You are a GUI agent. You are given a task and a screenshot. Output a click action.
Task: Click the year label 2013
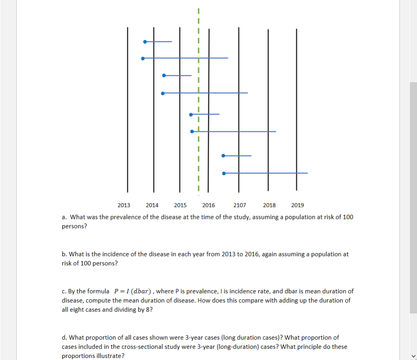(x=124, y=205)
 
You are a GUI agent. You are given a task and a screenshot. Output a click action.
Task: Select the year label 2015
(x=180, y=205)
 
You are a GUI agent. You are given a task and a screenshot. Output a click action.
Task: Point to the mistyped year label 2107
(x=239, y=205)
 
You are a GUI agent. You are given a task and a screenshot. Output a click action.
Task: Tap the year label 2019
(x=297, y=205)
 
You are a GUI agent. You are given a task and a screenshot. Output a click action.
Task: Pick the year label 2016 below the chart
(x=208, y=205)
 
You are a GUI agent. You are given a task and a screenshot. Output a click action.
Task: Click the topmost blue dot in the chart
(x=145, y=41)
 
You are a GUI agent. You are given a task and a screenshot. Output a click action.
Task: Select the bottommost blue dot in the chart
(x=224, y=173)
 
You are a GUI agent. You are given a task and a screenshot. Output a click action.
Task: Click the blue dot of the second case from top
(x=143, y=58)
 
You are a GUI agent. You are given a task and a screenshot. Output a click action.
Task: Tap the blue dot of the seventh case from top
(x=223, y=155)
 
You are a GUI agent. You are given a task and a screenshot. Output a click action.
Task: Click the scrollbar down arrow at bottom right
(x=413, y=356)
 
